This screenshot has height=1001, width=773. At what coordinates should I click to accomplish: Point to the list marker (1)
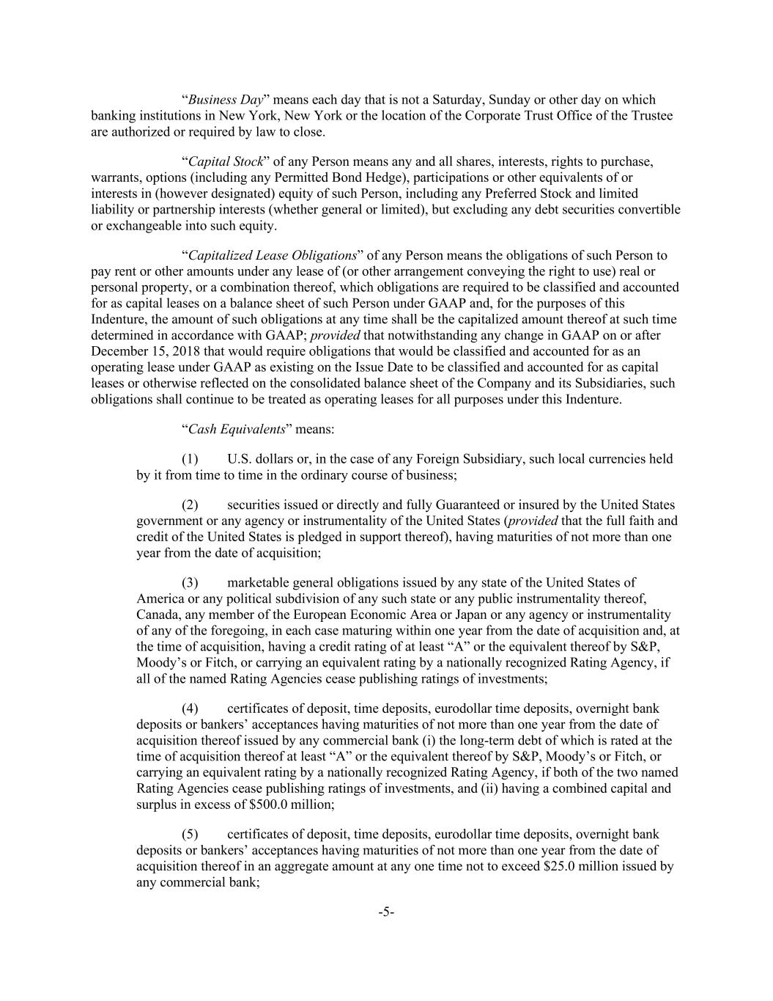190,459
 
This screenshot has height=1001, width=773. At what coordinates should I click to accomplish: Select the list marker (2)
190,505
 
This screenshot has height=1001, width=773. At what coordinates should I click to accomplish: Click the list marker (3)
190,583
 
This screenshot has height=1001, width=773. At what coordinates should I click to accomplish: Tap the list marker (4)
190,708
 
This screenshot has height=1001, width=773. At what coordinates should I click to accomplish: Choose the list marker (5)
190,835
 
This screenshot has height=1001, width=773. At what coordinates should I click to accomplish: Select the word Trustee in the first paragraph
652,116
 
